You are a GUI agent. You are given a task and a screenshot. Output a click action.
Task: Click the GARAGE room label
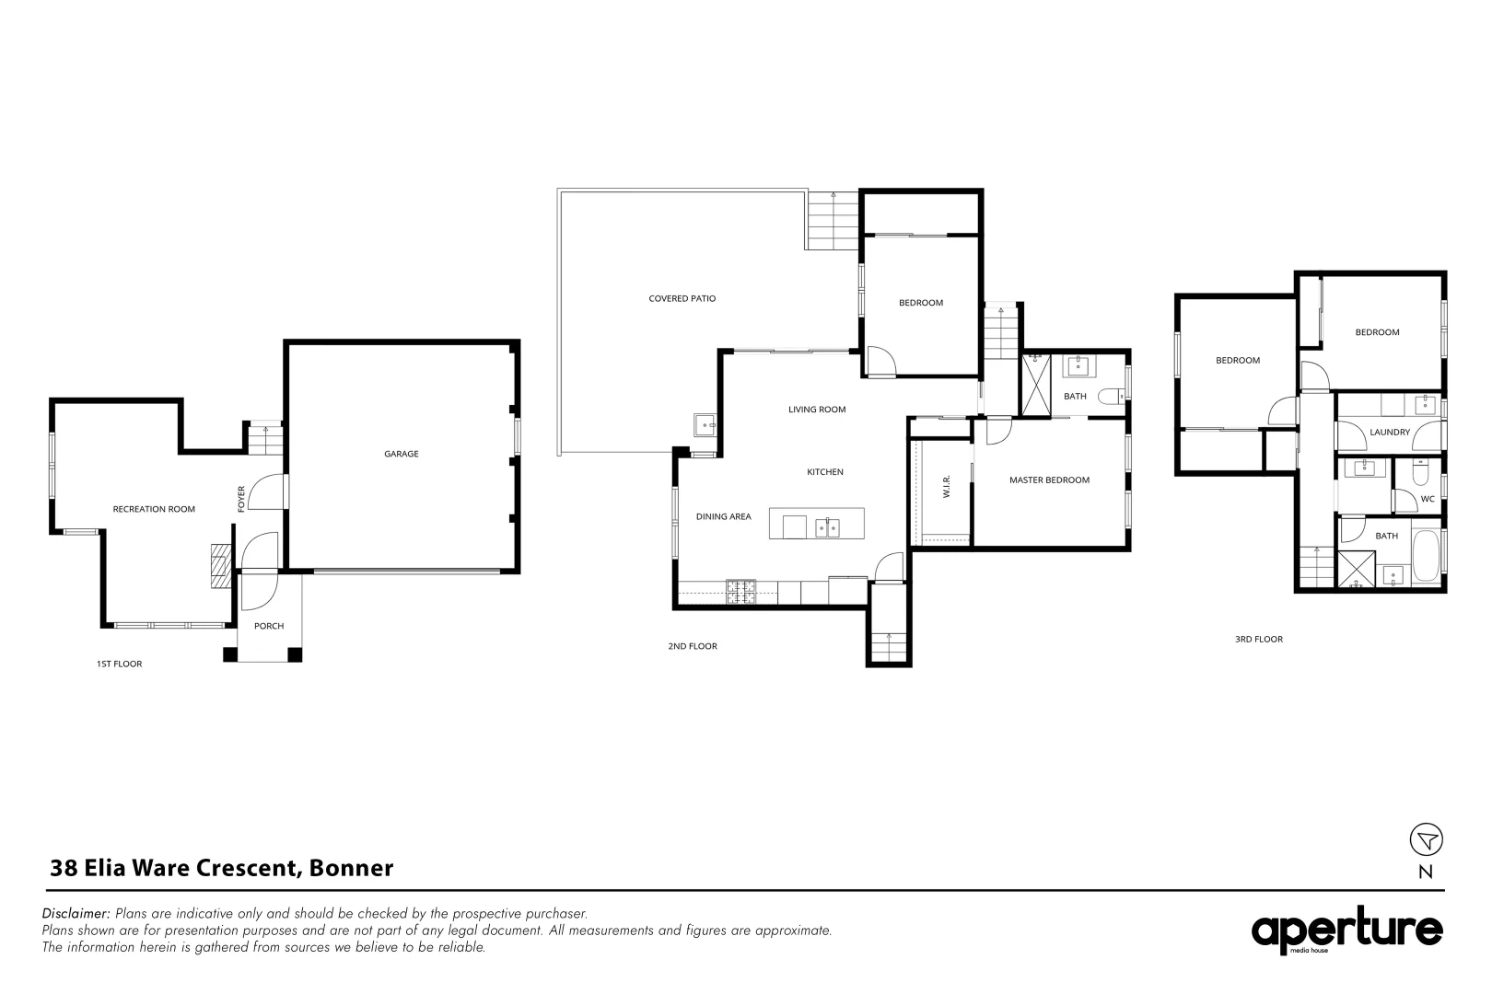[401, 454]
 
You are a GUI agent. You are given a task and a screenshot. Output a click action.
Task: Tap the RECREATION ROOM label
[154, 509]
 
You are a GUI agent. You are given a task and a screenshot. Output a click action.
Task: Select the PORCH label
[269, 626]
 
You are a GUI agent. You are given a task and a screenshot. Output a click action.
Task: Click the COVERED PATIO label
[682, 298]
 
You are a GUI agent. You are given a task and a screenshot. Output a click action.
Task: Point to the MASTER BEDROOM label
[1049, 480]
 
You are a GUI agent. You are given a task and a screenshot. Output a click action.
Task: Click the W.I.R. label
[946, 487]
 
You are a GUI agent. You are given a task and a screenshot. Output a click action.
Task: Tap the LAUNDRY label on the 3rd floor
[1389, 432]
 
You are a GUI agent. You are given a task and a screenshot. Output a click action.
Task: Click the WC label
[1428, 499]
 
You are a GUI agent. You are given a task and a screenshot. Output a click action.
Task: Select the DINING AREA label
[723, 516]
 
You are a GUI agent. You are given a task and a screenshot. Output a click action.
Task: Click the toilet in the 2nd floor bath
[1113, 396]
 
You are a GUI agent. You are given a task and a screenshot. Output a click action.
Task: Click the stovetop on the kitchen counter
[740, 591]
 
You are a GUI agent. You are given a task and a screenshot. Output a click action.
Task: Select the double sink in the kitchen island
[827, 526]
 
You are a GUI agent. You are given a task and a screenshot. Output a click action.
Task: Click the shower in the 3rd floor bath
[1357, 569]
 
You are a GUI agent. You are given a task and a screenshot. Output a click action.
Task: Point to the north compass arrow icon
[1426, 839]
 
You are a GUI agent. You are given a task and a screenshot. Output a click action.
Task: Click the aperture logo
[1346, 930]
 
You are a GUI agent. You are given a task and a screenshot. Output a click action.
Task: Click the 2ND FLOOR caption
[692, 646]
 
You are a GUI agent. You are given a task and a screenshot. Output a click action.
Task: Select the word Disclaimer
[76, 914]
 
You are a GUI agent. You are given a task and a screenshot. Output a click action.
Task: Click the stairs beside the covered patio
[833, 221]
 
